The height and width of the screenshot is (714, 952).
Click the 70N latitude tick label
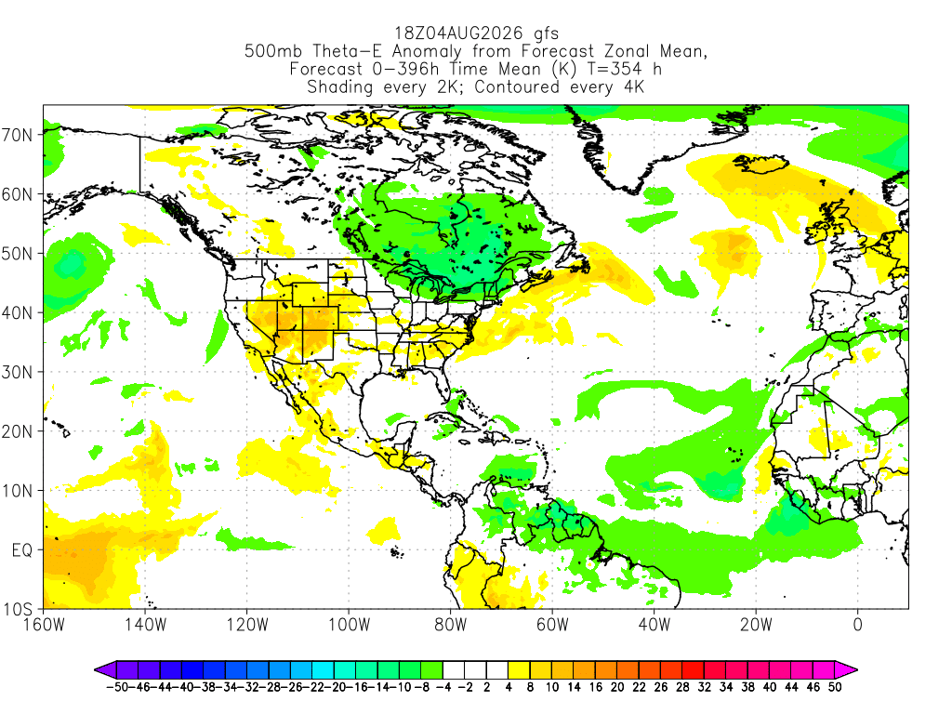tap(17, 135)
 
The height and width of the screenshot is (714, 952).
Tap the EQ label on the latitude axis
tap(22, 550)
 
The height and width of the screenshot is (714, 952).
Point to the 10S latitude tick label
tap(17, 609)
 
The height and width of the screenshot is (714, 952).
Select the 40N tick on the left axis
tap(17, 312)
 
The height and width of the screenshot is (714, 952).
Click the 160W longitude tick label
tap(44, 624)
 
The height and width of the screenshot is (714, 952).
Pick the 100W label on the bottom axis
tap(350, 624)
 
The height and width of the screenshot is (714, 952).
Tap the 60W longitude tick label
tap(552, 624)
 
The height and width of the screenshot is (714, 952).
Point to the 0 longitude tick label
tap(857, 624)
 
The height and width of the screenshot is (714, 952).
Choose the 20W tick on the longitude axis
tap(756, 624)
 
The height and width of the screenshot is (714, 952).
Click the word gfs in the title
tap(546, 33)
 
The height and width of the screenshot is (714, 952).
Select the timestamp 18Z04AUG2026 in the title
tap(458, 33)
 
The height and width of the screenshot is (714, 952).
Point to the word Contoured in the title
tap(517, 86)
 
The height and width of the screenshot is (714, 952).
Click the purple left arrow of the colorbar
tap(105, 670)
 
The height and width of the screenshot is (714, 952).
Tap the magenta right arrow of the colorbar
tap(846, 670)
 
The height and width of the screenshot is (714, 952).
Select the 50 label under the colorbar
tap(835, 687)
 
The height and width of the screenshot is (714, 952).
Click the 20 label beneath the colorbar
tap(617, 687)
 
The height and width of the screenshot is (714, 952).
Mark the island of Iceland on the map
tap(760, 164)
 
